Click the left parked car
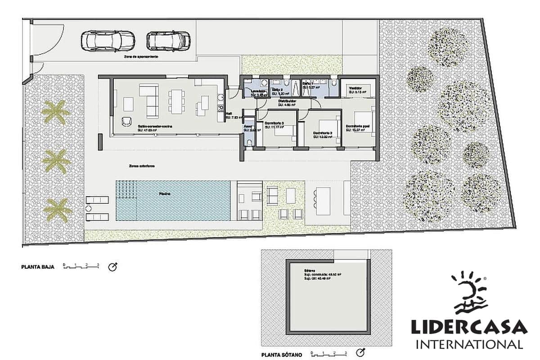coord(108,41)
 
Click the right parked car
coord(169,41)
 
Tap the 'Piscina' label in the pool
coord(164,193)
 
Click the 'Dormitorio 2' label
coord(323,133)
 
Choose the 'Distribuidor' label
coord(287,101)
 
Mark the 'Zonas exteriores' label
coord(142,166)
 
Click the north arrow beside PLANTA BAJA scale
coord(112,267)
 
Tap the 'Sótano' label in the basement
coord(309,271)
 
